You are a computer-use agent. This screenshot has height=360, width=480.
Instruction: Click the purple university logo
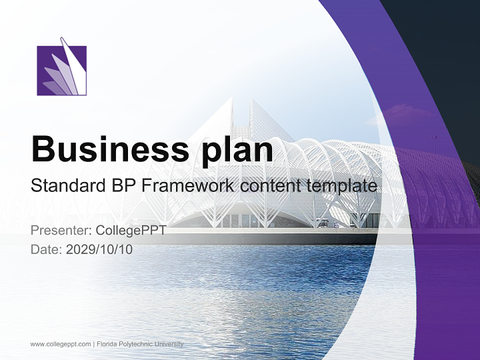61,70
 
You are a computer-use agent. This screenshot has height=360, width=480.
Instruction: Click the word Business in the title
108,148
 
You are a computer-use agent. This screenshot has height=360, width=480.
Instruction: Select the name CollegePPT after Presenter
130,230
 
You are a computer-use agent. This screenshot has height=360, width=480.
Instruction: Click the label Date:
46,249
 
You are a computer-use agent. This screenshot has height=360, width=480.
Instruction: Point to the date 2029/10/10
99,249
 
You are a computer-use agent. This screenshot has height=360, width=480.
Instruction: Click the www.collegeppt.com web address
60,344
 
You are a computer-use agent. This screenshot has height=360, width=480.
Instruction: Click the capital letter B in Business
41,148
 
